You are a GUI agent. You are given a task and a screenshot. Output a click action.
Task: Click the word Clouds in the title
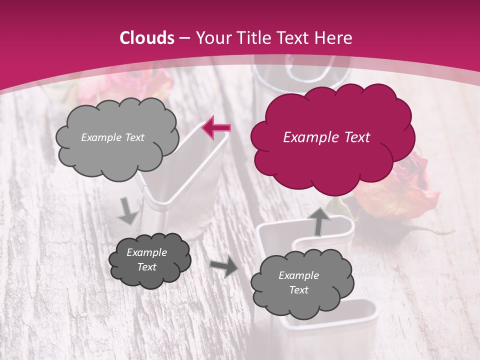(147, 38)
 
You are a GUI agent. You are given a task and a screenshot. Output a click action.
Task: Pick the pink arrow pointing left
(216, 128)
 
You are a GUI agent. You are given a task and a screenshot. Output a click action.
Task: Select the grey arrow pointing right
(223, 267)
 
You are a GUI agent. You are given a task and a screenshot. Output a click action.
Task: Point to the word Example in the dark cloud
(146, 252)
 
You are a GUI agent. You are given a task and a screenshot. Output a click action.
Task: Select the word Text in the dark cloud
(146, 267)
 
